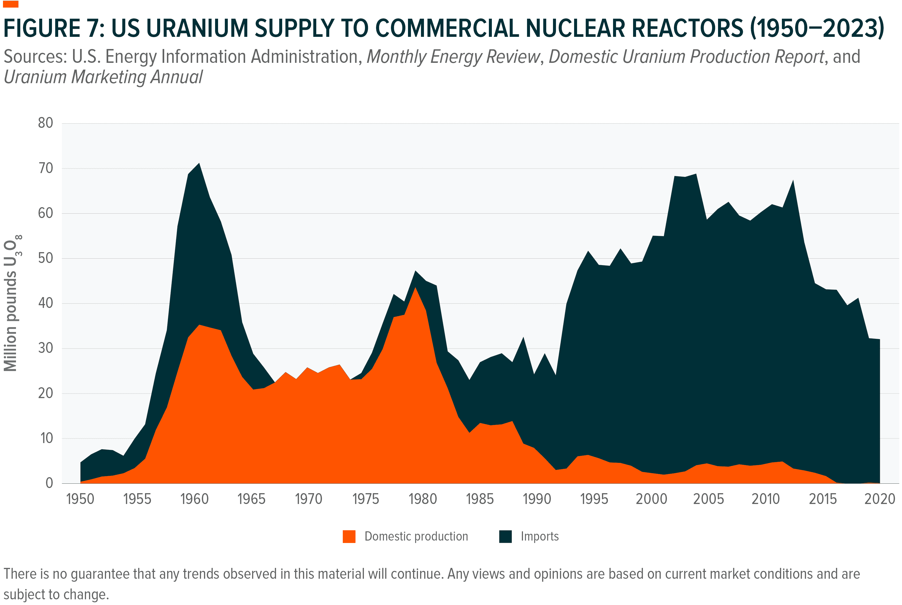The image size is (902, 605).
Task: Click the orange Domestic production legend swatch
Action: (348, 536)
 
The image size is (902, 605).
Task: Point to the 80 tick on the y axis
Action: (45, 123)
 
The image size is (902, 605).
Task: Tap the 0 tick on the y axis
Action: (49, 483)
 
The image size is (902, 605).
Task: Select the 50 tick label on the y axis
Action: (45, 258)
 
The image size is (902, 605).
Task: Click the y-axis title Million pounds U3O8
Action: (12, 303)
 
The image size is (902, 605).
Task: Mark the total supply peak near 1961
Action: (199, 164)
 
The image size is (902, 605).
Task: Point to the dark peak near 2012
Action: (792, 181)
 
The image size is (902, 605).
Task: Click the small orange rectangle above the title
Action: (10, 4)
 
